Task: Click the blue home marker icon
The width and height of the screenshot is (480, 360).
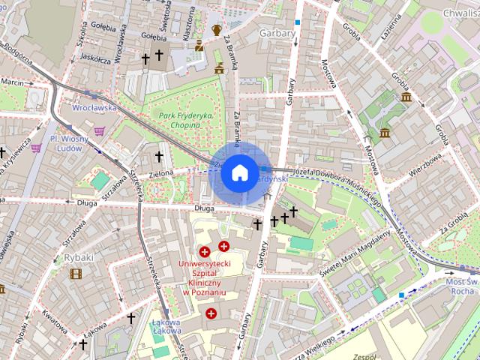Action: coord(239,173)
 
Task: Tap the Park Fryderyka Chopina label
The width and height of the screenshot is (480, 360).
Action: coord(186,120)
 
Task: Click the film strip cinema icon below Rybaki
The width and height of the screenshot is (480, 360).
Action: coord(75,273)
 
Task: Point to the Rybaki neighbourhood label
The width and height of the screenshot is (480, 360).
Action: coord(79,257)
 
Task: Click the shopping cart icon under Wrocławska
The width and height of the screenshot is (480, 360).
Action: coord(99,130)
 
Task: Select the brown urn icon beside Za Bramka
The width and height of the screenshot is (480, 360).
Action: coord(217,30)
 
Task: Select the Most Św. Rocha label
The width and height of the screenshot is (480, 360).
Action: coord(459,284)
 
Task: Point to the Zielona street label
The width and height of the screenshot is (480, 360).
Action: coord(160,172)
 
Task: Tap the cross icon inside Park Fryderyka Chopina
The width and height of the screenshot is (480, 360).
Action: coord(158,156)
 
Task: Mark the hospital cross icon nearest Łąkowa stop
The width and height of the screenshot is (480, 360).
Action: coord(211,313)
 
